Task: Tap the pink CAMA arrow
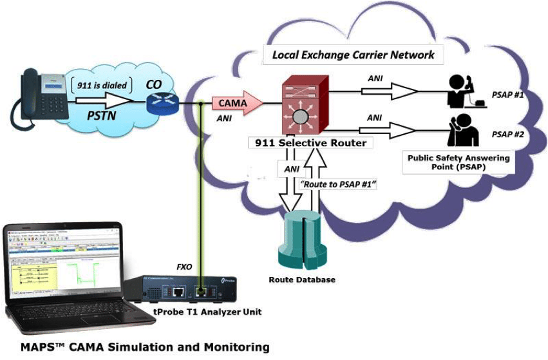click(238, 103)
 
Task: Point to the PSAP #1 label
click(507, 95)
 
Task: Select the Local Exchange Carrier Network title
click(353, 55)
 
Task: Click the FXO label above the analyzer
click(185, 266)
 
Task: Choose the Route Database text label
click(302, 280)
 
